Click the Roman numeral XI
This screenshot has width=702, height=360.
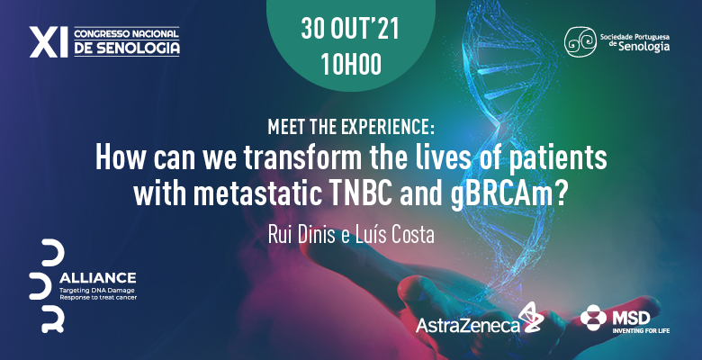49,42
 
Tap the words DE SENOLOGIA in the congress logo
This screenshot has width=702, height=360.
127,49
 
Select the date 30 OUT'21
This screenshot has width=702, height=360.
350,29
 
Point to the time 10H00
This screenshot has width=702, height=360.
351,64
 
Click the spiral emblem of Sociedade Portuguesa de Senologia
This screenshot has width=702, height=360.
580,42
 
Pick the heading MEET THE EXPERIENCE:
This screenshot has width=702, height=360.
351,127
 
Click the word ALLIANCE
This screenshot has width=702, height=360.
97,278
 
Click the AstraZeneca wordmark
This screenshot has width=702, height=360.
468,326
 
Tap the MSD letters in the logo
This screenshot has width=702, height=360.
631,319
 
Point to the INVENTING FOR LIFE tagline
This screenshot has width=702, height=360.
641,331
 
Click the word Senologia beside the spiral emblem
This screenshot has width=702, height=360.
644,46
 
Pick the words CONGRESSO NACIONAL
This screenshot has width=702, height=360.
127,34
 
